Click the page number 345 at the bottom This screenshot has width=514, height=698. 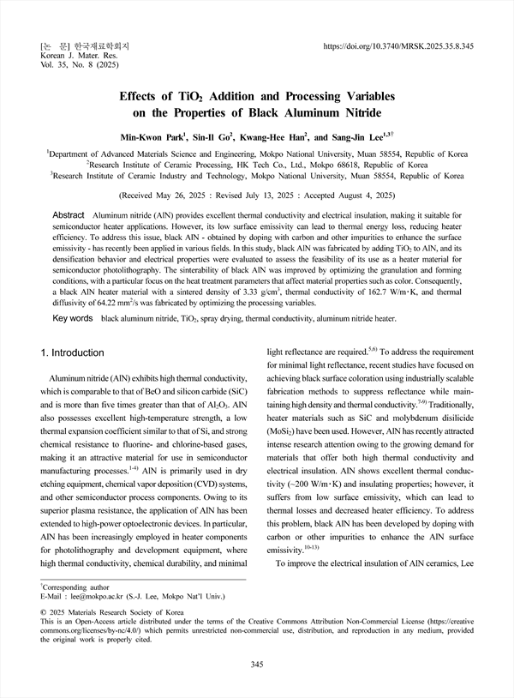pos(256,665)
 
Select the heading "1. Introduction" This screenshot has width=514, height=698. pos(73,352)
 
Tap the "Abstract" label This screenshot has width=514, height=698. pos(69,214)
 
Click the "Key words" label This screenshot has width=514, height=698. pos(73,317)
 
